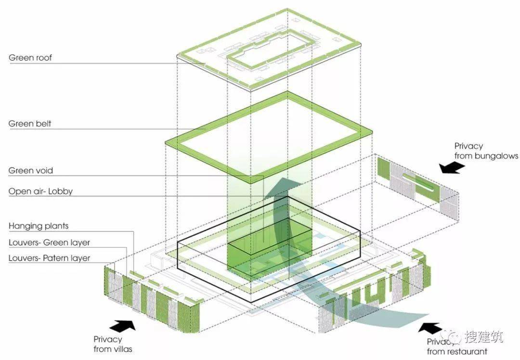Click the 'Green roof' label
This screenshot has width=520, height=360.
point(30,58)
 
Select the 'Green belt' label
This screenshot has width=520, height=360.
point(30,124)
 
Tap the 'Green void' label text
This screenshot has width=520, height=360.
point(30,171)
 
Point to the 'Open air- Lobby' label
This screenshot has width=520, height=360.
point(40,191)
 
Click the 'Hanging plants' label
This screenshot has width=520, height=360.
point(39,227)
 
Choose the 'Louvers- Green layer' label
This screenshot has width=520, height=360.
point(50,242)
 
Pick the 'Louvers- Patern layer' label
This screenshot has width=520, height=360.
point(50,258)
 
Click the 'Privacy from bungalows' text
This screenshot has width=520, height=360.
point(486,151)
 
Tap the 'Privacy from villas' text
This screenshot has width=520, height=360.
point(113,344)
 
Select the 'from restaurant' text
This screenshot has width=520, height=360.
point(457,351)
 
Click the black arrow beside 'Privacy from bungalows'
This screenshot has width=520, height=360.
point(452,168)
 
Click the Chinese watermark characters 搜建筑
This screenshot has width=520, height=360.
point(483,336)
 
